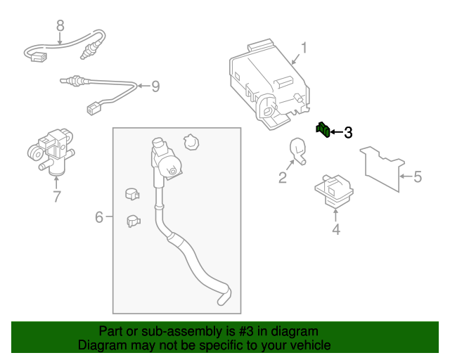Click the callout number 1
pos(304,49)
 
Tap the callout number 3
pos(348,132)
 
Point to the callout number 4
pos(335,229)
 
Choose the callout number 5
pos(417,176)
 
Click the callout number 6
pos(99,217)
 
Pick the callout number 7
pos(57,196)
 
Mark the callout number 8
pos(60,25)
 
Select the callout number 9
pos(155,86)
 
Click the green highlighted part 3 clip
pos(323,129)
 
